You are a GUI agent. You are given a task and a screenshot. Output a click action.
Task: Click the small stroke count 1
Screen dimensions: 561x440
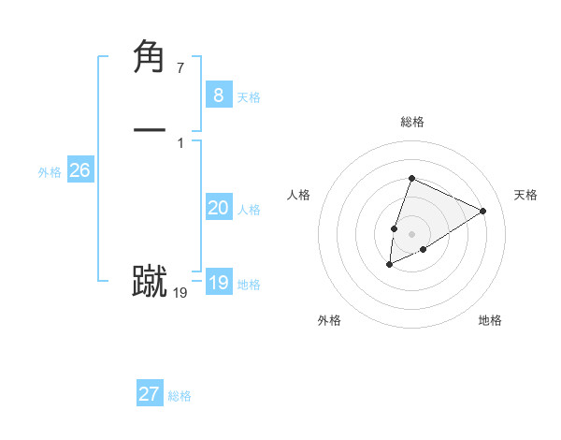[x=180, y=143]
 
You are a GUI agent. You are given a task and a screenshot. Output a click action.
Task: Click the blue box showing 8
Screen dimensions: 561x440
[x=218, y=95]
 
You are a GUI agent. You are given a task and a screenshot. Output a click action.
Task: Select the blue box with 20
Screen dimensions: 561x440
[x=218, y=208]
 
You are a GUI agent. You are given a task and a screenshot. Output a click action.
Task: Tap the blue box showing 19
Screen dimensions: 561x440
[x=218, y=283]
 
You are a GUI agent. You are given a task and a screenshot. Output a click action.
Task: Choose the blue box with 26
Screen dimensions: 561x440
[x=79, y=170]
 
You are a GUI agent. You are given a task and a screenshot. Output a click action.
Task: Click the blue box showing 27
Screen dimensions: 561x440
[x=150, y=394]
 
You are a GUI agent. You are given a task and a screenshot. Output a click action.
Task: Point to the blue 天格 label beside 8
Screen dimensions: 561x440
[x=249, y=97]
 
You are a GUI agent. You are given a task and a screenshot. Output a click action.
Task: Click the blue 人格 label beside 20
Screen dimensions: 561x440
[x=249, y=210]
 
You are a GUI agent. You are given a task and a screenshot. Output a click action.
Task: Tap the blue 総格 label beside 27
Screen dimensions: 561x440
[x=180, y=396]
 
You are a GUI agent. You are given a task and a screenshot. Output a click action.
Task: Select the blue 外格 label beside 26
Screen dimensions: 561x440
[x=50, y=172]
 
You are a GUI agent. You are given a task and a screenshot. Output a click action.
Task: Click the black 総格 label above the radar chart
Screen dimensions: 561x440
[x=411, y=122]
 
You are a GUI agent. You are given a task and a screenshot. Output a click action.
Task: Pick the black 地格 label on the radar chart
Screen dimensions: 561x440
[x=490, y=320]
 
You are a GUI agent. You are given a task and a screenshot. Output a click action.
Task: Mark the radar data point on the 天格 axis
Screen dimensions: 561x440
[x=482, y=211]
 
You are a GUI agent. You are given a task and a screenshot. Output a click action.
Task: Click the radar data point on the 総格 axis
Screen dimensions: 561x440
[x=411, y=178]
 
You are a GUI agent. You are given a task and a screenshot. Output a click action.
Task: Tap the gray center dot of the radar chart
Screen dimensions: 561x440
[x=411, y=234]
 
